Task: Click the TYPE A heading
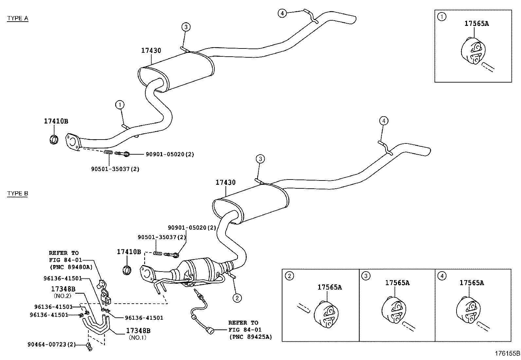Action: (18, 18)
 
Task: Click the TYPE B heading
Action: (18, 193)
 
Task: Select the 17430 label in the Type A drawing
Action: (151, 50)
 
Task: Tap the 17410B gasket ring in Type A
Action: (54, 139)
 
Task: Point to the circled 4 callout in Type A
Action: (282, 13)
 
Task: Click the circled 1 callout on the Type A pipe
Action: (120, 105)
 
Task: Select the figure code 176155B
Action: (507, 353)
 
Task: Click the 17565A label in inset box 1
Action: (476, 23)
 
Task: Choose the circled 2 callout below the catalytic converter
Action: (237, 298)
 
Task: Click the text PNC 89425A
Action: (250, 337)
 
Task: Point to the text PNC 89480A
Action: (71, 267)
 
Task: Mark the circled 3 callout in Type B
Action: (260, 159)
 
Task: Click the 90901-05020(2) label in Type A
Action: (170, 154)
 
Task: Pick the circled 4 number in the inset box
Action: (441, 276)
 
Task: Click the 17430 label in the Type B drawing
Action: (225, 182)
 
